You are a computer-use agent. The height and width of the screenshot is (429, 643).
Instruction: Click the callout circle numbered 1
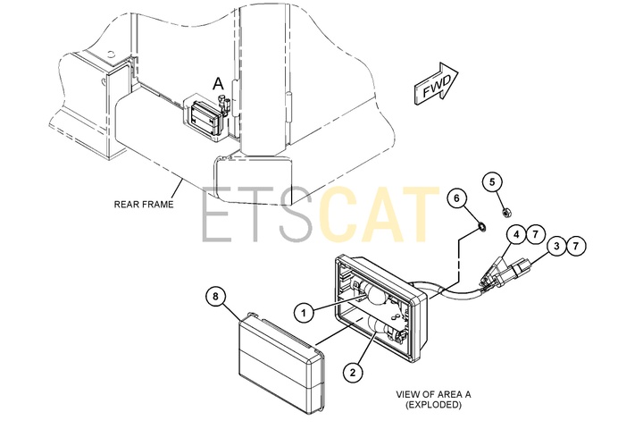pos(304,313)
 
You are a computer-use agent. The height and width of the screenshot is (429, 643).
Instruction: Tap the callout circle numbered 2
pos(353,373)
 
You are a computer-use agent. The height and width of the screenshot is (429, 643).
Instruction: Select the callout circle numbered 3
pos(556,246)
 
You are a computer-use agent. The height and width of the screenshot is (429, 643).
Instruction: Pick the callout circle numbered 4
pos(516,234)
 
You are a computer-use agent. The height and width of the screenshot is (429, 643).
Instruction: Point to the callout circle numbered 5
pos(492,181)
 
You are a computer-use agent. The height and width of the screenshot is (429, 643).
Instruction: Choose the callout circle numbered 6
pos(457,198)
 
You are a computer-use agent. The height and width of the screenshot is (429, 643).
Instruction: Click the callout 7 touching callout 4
pos(535,234)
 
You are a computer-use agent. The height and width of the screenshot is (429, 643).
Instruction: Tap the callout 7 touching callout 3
pos(576,246)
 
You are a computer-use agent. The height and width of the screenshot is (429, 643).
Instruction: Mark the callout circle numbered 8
pos(216,296)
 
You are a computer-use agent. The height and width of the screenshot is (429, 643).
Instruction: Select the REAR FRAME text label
pos(144,204)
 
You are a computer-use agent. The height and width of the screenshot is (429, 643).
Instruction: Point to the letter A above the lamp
pos(218,84)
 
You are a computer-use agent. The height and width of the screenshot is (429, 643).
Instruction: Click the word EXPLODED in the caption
pos(433,405)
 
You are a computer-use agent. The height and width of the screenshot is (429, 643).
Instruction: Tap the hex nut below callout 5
pos(507,212)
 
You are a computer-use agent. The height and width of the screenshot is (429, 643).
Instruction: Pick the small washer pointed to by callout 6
pos(481,226)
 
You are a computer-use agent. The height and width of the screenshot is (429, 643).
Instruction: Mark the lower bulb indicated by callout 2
pos(381,327)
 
